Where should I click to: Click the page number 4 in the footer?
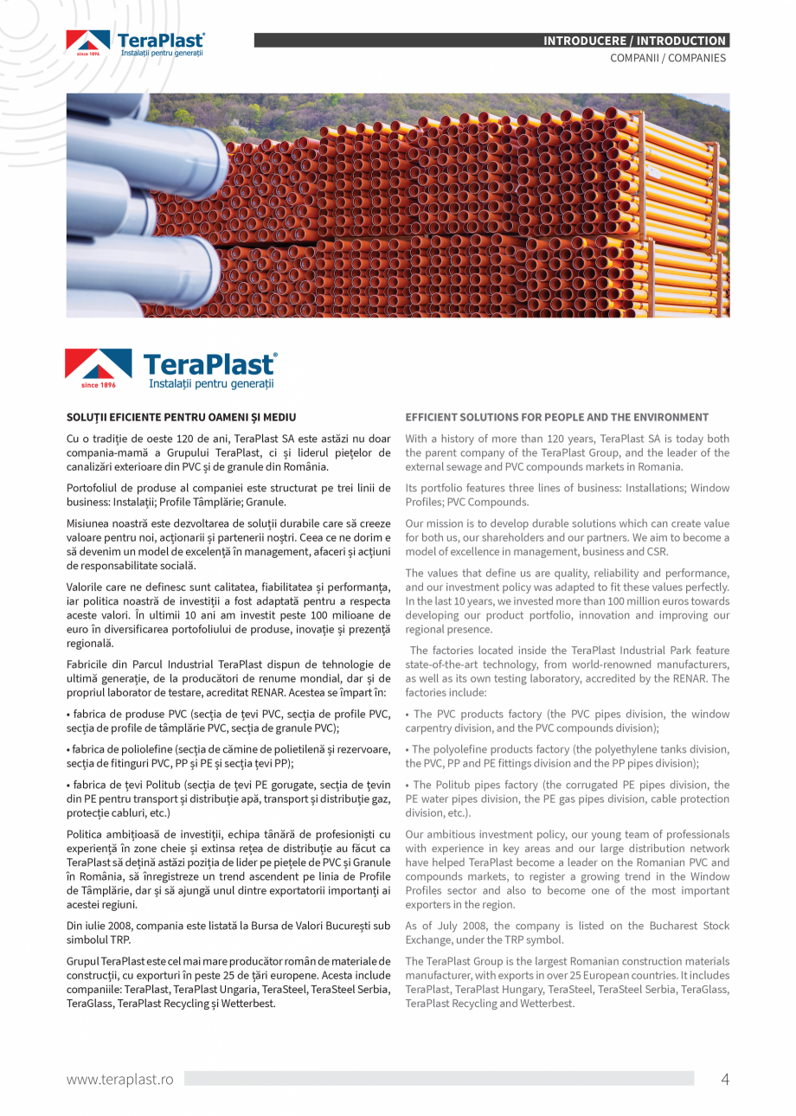click(x=725, y=1079)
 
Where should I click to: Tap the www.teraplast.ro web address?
click(x=120, y=1079)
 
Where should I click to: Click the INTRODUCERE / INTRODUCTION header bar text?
click(x=634, y=41)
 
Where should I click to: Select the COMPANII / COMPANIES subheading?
click(x=668, y=58)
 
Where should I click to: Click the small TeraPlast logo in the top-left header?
click(x=135, y=43)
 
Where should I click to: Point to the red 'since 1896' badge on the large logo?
click(x=98, y=384)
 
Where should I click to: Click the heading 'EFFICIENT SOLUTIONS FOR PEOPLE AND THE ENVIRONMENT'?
click(x=556, y=417)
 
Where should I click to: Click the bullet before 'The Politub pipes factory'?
click(x=408, y=786)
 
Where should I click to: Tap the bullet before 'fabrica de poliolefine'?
click(x=68, y=749)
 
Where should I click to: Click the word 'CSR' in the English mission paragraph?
click(x=656, y=551)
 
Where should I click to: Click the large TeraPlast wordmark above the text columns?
click(x=209, y=363)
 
